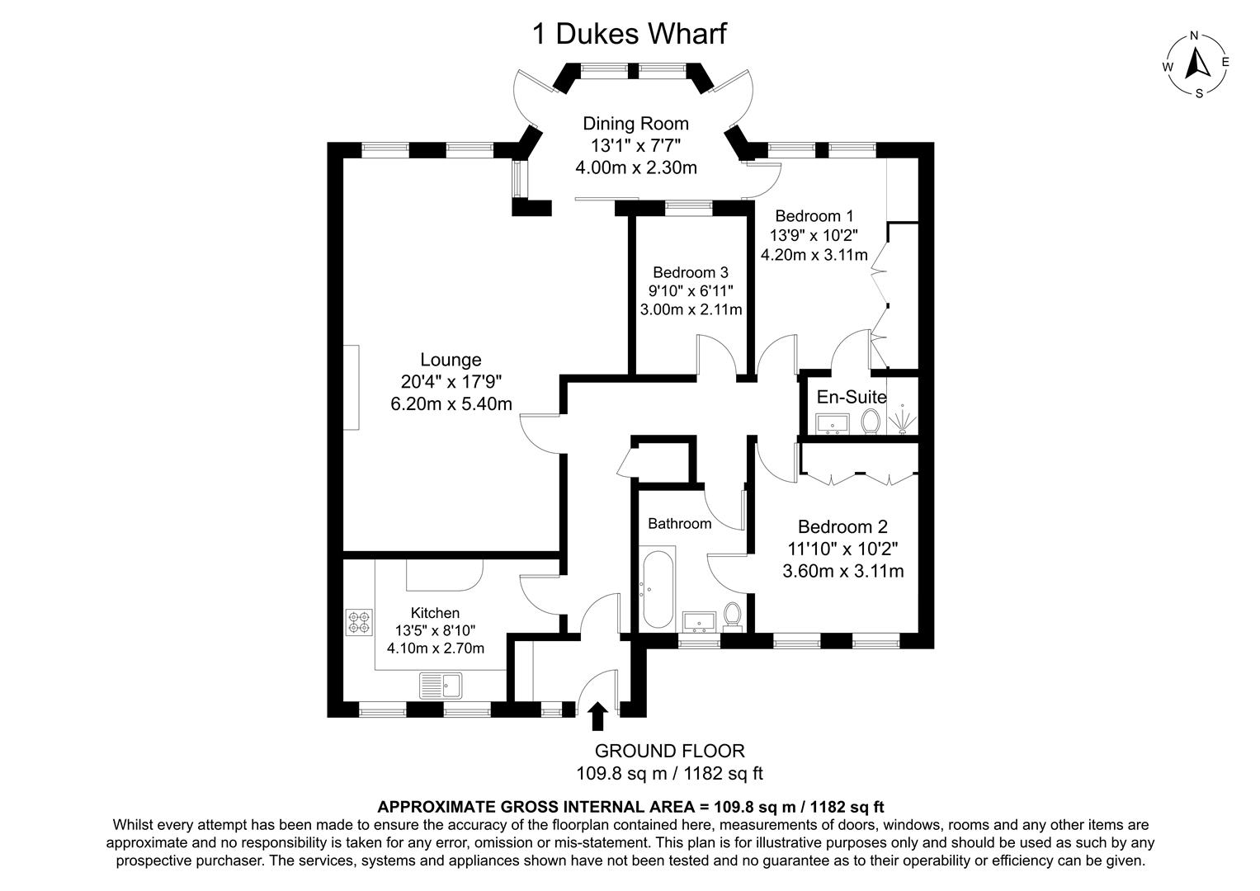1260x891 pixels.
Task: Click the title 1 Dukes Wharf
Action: [630, 34]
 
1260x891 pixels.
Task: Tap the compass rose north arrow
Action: [1196, 64]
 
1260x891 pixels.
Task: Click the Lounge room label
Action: [451, 360]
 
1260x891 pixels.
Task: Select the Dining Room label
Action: [635, 124]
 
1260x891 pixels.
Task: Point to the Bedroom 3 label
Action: [690, 272]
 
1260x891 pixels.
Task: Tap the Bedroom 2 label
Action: [842, 526]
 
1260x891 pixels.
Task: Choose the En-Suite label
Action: [851, 397]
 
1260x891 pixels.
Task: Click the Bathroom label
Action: [679, 524]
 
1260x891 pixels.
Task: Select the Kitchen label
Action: [435, 613]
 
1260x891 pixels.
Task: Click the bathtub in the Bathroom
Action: [657, 589]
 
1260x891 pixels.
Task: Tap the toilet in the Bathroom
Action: [731, 615]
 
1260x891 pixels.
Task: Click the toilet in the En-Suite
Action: [870, 422]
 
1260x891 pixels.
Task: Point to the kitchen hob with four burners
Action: [360, 621]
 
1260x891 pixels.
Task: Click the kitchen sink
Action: [442, 685]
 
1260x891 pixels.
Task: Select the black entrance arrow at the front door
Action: [597, 716]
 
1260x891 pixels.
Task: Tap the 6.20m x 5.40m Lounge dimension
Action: [451, 404]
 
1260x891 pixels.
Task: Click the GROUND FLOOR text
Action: [669, 751]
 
